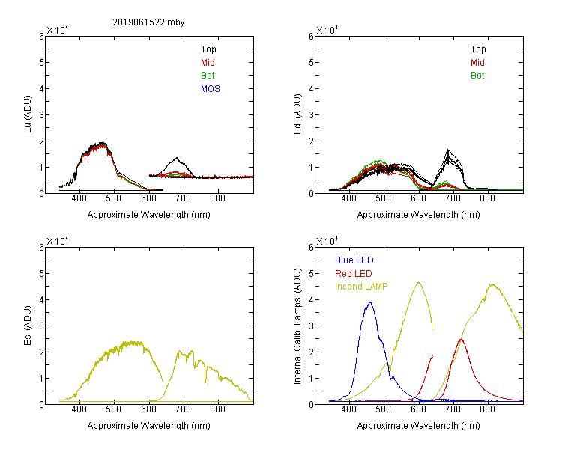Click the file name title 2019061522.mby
pos(148,22)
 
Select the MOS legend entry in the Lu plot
pos(211,89)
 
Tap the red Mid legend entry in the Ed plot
pos(477,63)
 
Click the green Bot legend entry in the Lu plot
pos(208,76)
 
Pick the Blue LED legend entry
pos(354,260)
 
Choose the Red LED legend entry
pos(354,274)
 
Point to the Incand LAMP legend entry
pos(361,287)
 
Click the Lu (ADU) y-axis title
pos(28,114)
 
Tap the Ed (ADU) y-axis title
pos(297,114)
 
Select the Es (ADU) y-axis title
pos(28,326)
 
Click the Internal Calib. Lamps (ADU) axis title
pos(297,326)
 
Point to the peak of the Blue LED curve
pos(370,302)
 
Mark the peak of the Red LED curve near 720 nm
pos(461,339)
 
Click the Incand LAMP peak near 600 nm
pos(418,283)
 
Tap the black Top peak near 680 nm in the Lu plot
pos(176,158)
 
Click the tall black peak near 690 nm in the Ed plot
pos(447,150)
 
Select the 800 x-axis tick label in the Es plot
pos(217,409)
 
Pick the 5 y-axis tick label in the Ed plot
pos(311,63)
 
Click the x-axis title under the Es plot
pos(149,426)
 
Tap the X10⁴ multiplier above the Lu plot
pos(58,30)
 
